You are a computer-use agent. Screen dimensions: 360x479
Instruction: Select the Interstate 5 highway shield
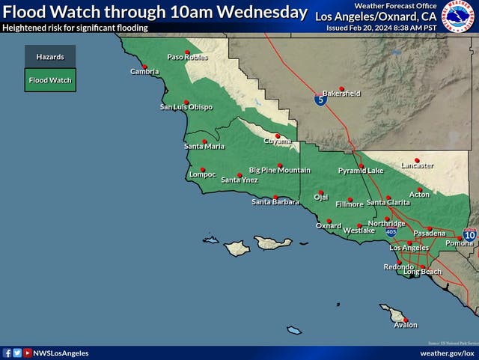320,100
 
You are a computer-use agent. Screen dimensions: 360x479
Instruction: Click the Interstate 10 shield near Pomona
469,235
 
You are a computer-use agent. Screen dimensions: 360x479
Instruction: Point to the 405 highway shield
391,232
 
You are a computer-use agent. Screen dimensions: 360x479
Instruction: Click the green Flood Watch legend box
50,79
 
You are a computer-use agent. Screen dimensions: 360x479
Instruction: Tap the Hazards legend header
50,56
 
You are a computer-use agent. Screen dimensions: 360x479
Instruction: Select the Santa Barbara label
275,202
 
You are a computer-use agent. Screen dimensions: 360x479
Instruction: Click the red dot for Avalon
405,320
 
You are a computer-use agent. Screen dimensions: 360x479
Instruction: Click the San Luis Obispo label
186,107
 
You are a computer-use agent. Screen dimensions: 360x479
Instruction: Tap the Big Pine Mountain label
280,171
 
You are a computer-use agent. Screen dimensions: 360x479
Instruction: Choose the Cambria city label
144,72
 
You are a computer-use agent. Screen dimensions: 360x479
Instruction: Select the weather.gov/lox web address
447,353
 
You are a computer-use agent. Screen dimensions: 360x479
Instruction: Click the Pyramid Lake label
360,171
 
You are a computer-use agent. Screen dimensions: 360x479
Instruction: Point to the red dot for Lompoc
202,169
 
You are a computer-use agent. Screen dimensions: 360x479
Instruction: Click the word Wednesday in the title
266,12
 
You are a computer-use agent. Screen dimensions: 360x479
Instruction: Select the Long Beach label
423,272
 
